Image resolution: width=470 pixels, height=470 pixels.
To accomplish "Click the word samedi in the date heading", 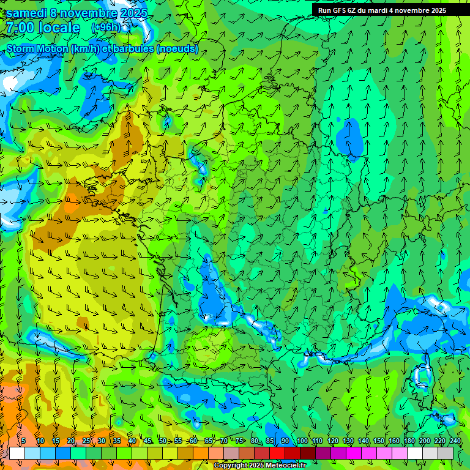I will [x=26, y=13].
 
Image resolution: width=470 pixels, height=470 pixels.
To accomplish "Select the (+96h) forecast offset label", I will [x=106, y=28].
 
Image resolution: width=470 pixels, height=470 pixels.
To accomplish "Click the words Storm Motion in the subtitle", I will [x=37, y=48].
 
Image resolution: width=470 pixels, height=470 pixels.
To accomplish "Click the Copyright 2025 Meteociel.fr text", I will [x=260, y=466].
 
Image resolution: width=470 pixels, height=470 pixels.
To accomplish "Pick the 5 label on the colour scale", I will [x=23, y=441].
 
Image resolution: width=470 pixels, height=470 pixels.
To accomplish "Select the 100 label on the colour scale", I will [x=302, y=441].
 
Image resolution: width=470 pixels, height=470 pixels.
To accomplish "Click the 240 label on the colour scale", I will [x=455, y=441].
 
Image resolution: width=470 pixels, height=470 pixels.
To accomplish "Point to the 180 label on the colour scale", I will [x=409, y=441].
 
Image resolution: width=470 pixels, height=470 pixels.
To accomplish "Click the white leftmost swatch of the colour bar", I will [x=17, y=453].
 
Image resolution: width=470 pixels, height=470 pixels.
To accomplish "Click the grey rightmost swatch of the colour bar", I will [x=446, y=453].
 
